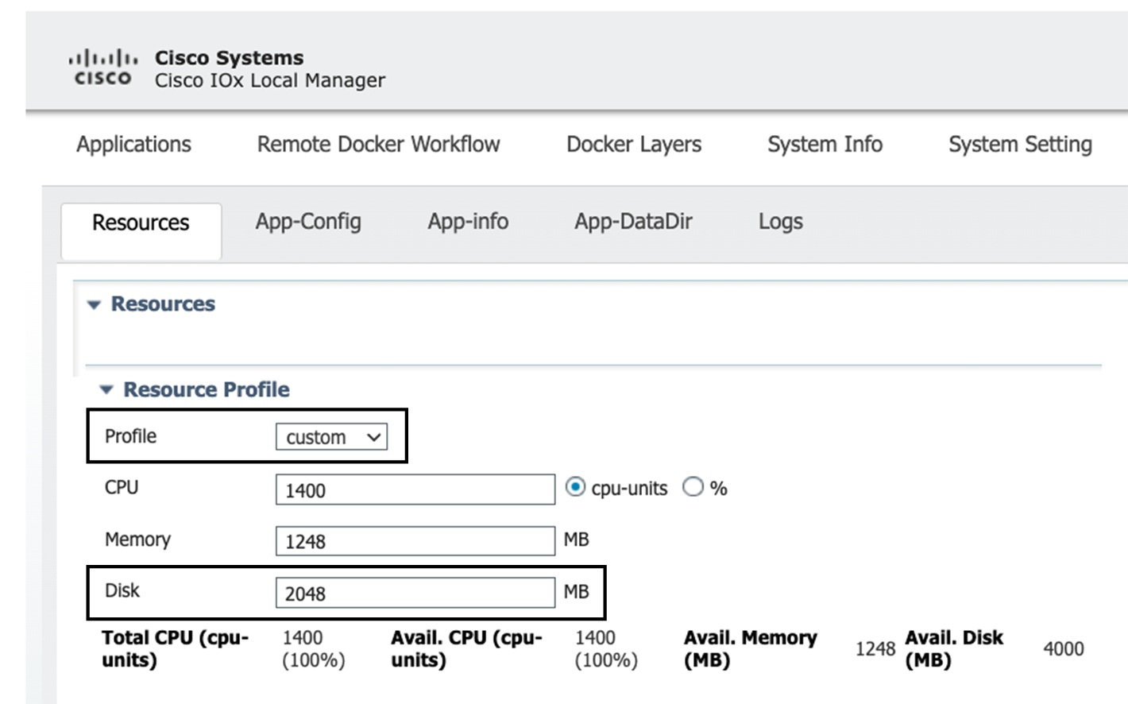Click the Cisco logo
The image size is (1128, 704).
[x=102, y=68]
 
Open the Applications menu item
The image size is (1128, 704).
[x=133, y=144]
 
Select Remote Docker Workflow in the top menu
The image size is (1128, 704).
[x=378, y=144]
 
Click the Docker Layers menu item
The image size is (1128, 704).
[x=633, y=144]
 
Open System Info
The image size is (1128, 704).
[x=825, y=144]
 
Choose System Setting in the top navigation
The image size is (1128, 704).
[x=1019, y=144]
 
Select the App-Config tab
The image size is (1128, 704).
[x=308, y=222]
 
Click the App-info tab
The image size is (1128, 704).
[x=468, y=222]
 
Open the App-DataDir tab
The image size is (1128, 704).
[x=633, y=222]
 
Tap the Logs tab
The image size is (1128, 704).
[x=780, y=222]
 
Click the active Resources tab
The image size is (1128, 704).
[x=141, y=223]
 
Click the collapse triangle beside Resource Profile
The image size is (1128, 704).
[x=106, y=389]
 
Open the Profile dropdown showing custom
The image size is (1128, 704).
[x=331, y=437]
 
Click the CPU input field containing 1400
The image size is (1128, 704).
[x=415, y=490]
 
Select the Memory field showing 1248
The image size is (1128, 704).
[x=415, y=542]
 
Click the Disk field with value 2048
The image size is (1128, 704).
[x=415, y=594]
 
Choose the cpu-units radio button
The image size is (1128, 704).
[x=575, y=487]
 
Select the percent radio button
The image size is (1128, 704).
[x=693, y=487]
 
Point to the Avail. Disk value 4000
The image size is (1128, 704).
[x=1063, y=649]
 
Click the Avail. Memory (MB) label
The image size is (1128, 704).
[x=750, y=648]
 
